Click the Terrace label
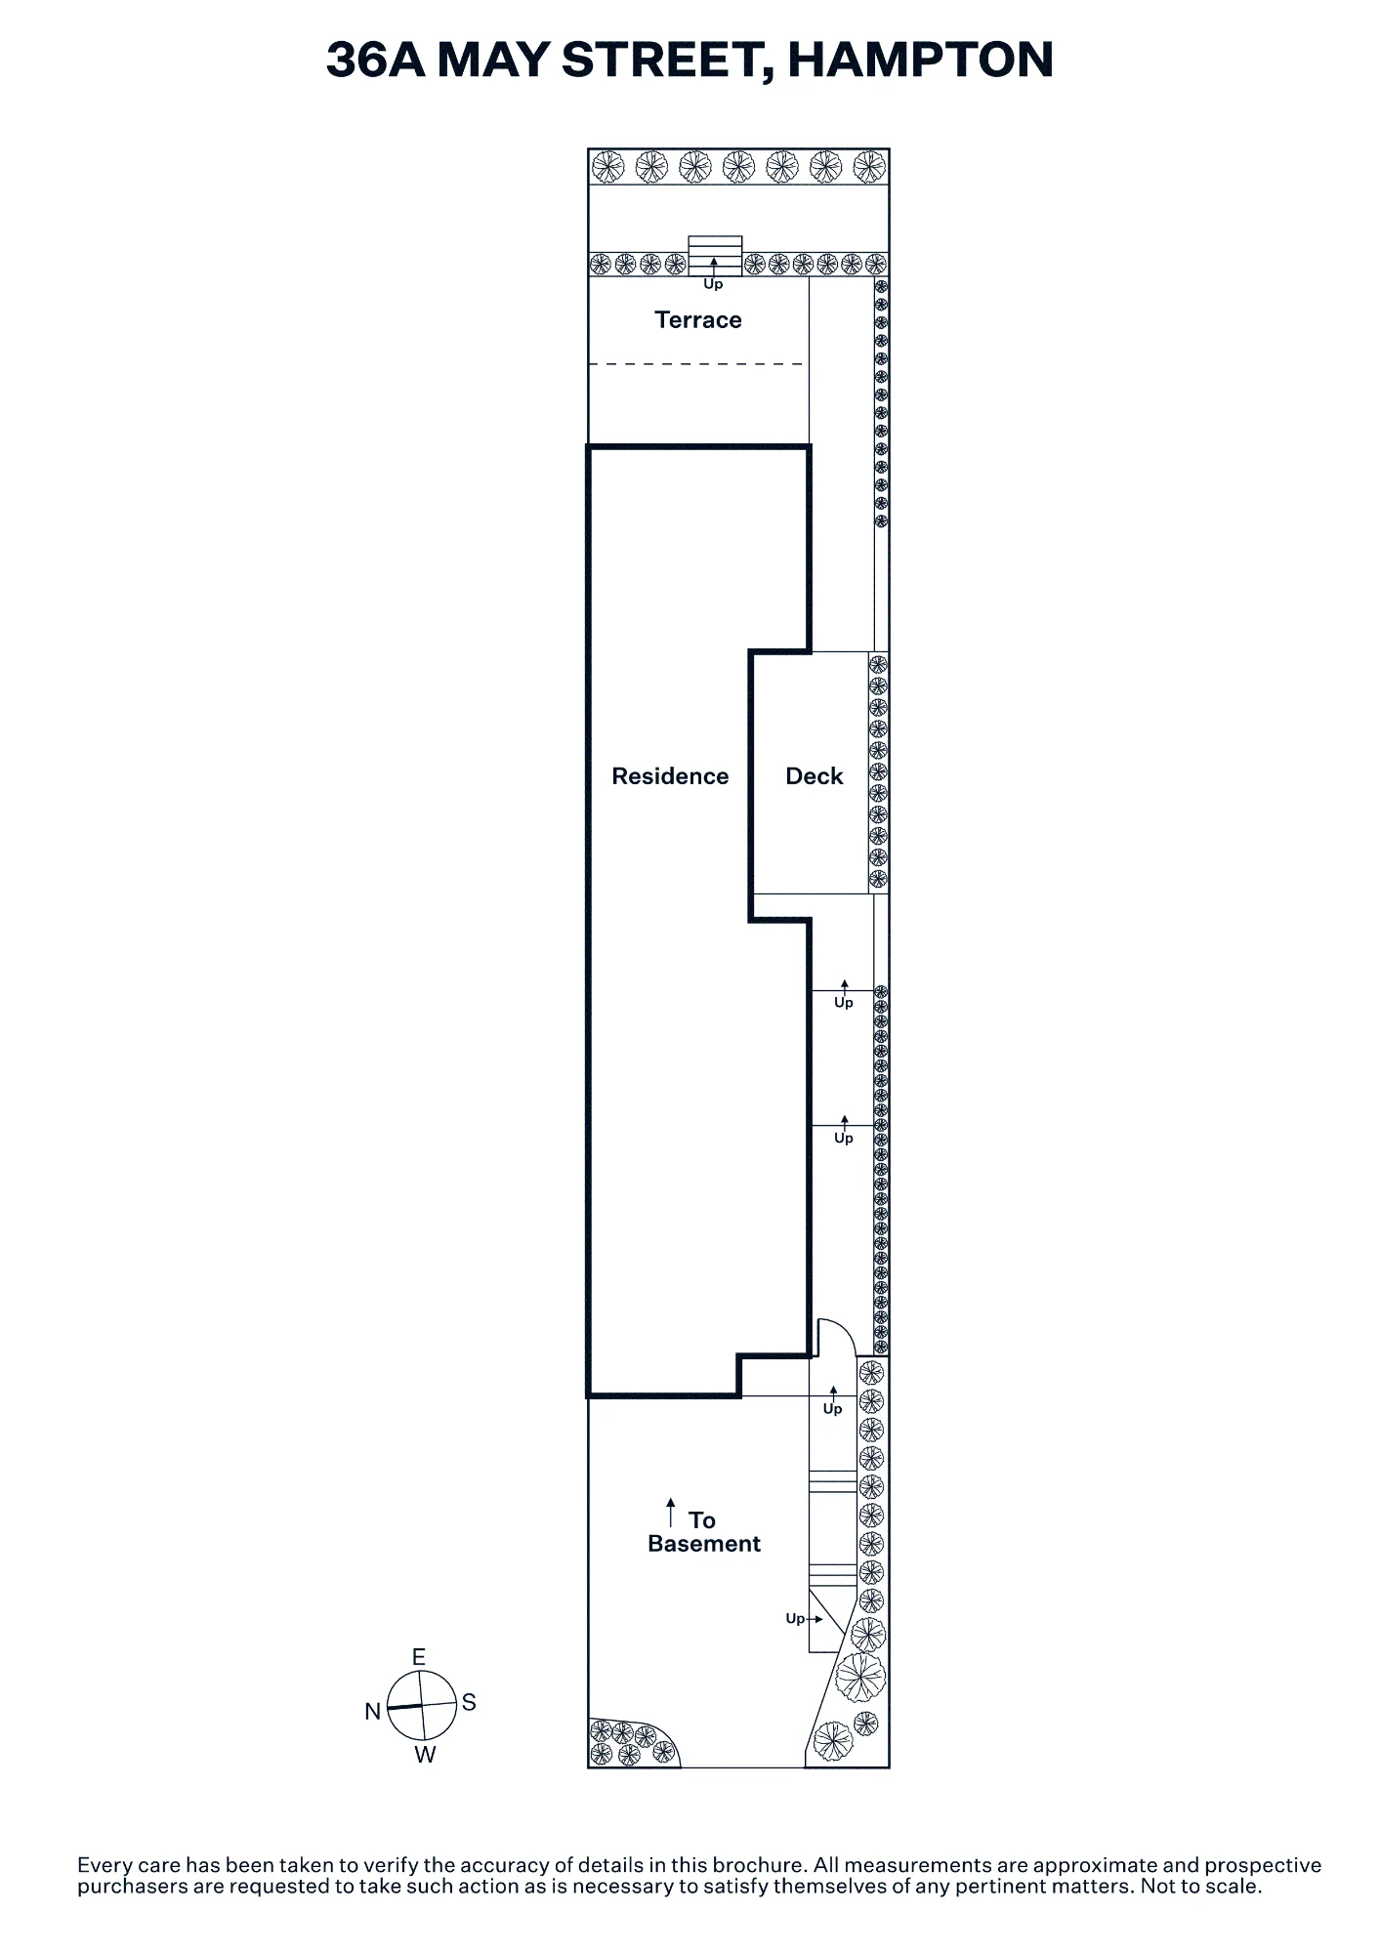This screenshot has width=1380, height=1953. pos(697,320)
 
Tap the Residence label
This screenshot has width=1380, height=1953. pos(670,776)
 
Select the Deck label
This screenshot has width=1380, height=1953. pos(814,776)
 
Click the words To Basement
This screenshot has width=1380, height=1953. pos(703,1532)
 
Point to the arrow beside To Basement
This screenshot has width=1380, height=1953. pos(671,1513)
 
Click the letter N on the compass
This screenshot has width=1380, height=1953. pos(372,1712)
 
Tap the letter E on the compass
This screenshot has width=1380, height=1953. pos(419,1657)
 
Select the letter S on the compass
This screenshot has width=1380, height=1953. pos(469,1703)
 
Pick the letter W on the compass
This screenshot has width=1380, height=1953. pos(425,1755)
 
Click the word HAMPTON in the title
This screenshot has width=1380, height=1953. pos(920,60)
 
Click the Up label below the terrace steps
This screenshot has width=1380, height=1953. pos(713,284)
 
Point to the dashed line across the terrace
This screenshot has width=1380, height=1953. pos(696,364)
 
